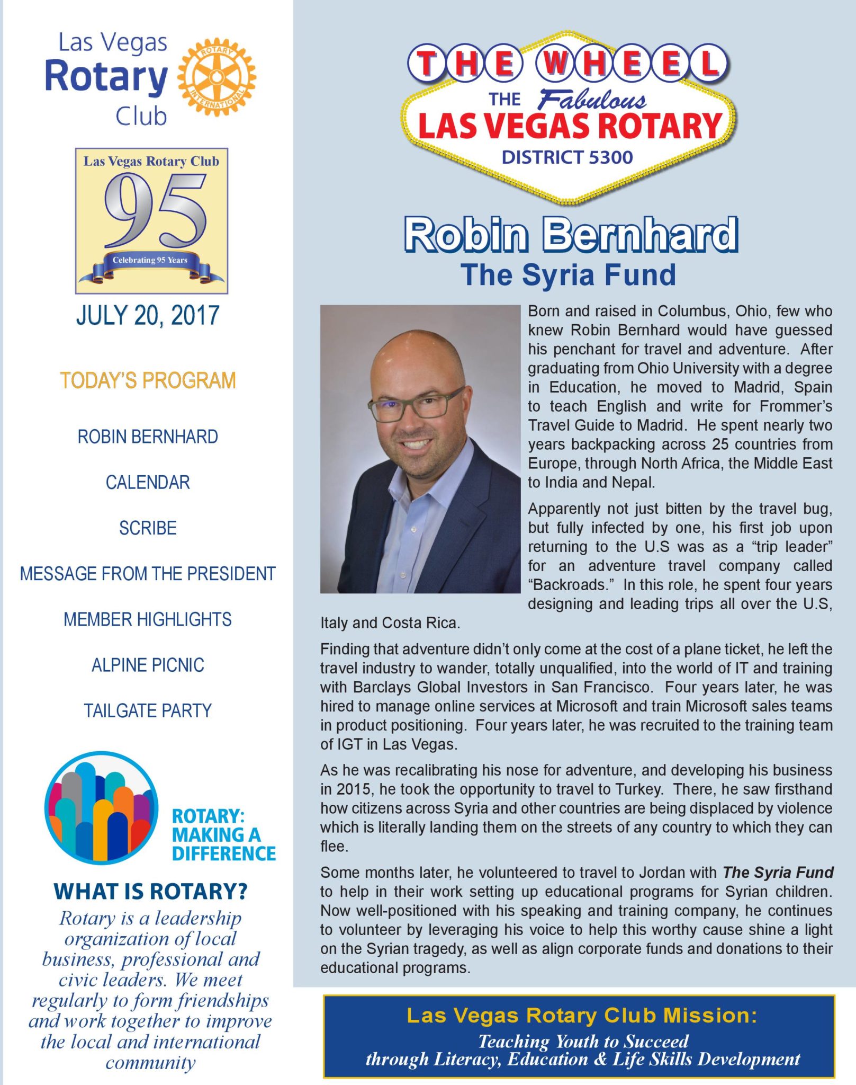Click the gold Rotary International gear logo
click(x=217, y=77)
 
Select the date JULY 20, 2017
click(x=148, y=315)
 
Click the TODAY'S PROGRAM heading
click(x=148, y=380)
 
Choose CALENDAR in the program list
click(x=148, y=482)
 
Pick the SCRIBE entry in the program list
click(x=148, y=528)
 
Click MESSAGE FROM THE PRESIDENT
click(x=148, y=574)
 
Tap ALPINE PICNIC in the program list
click(x=148, y=665)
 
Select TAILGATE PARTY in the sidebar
click(x=148, y=710)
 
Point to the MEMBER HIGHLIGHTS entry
click(x=148, y=619)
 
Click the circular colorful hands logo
click(x=101, y=808)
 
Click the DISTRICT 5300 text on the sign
click(x=567, y=157)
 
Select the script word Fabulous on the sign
click(x=592, y=100)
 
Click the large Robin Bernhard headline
click(x=571, y=235)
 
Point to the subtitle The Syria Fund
click(x=568, y=275)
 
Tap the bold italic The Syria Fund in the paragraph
click(x=778, y=873)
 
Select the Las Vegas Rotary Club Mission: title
click(x=581, y=1016)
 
